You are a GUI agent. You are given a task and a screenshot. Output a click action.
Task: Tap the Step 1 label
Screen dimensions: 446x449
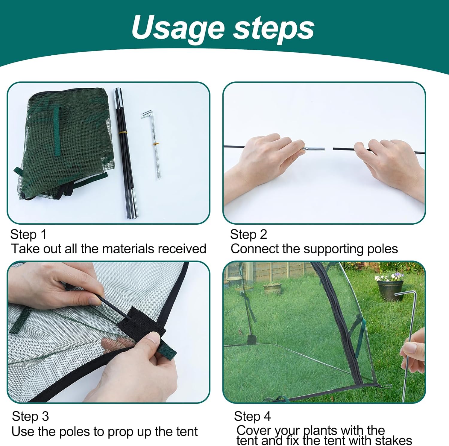coord(28,235)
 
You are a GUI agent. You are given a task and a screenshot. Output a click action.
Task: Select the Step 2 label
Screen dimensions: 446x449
coord(248,235)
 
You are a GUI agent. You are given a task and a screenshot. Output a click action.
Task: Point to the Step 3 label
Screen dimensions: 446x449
coord(30,416)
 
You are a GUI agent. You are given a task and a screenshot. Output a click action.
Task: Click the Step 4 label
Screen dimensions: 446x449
coord(252,416)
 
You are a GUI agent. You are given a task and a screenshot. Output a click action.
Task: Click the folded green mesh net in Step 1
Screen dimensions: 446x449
coord(66,141)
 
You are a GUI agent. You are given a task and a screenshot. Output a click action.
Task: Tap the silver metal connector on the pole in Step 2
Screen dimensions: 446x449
coord(314,148)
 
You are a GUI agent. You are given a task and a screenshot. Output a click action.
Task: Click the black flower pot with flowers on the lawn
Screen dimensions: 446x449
coord(389,288)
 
